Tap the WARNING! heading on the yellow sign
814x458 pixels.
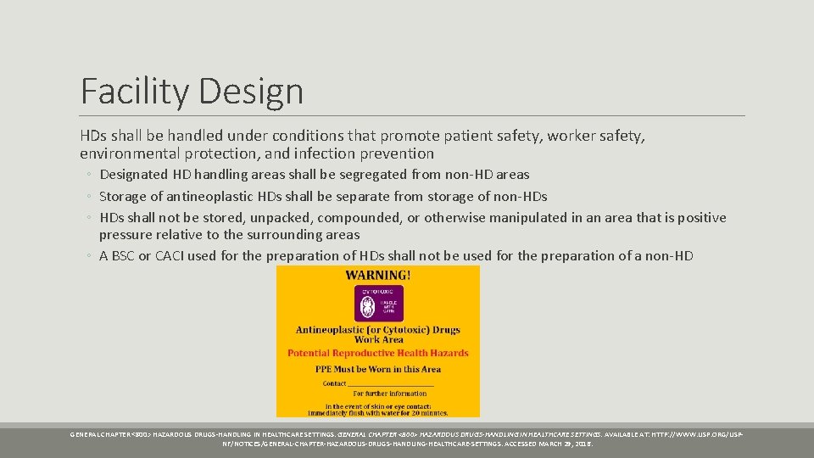click(378, 275)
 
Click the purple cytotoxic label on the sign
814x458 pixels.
click(378, 303)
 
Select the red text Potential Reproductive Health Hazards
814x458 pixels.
click(378, 353)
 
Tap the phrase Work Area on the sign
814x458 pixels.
click(378, 340)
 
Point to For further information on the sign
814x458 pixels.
click(390, 394)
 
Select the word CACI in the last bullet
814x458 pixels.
click(174, 255)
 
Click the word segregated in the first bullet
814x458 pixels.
click(367, 175)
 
